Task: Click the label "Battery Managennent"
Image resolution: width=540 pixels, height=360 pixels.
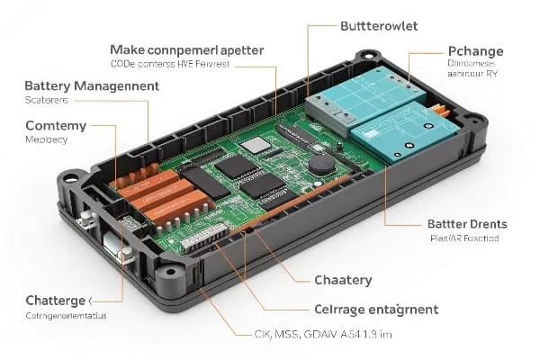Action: (91, 85)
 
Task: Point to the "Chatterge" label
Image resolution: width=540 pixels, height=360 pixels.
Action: (57, 300)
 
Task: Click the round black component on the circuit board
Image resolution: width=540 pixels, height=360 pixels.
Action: (321, 166)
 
